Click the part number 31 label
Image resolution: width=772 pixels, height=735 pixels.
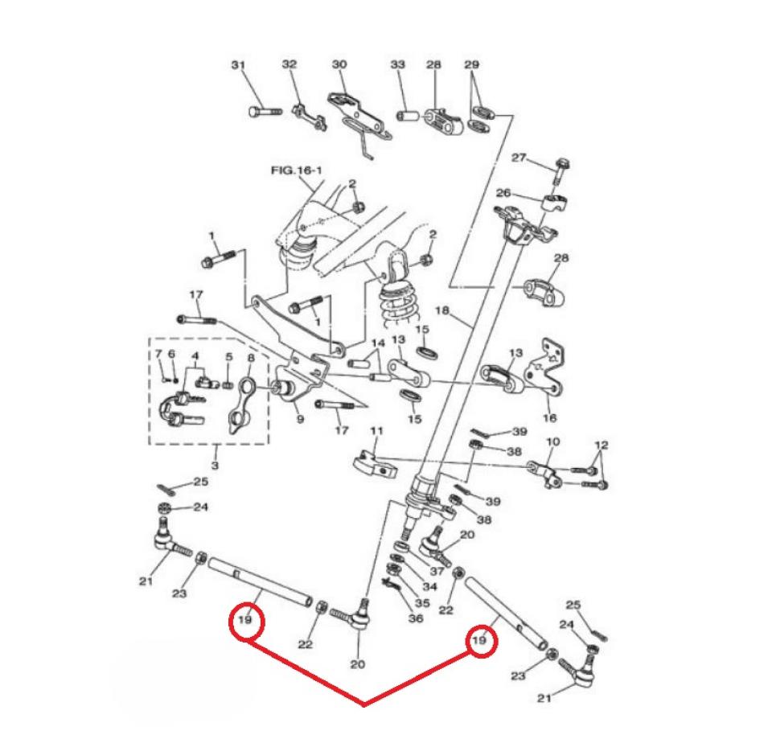click(x=236, y=64)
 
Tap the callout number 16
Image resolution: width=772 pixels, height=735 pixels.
click(x=550, y=418)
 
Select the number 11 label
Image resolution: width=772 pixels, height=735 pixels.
click(x=376, y=431)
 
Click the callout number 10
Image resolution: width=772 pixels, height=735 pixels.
click(x=552, y=443)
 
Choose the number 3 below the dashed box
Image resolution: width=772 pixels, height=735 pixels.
click(x=215, y=466)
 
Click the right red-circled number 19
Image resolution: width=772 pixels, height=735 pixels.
click(x=480, y=641)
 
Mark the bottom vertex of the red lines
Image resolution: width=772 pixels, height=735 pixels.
click(x=364, y=704)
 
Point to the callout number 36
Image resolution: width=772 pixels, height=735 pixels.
click(x=416, y=618)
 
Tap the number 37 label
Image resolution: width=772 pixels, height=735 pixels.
click(x=437, y=571)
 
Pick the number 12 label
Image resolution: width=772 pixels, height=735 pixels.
click(x=602, y=446)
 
